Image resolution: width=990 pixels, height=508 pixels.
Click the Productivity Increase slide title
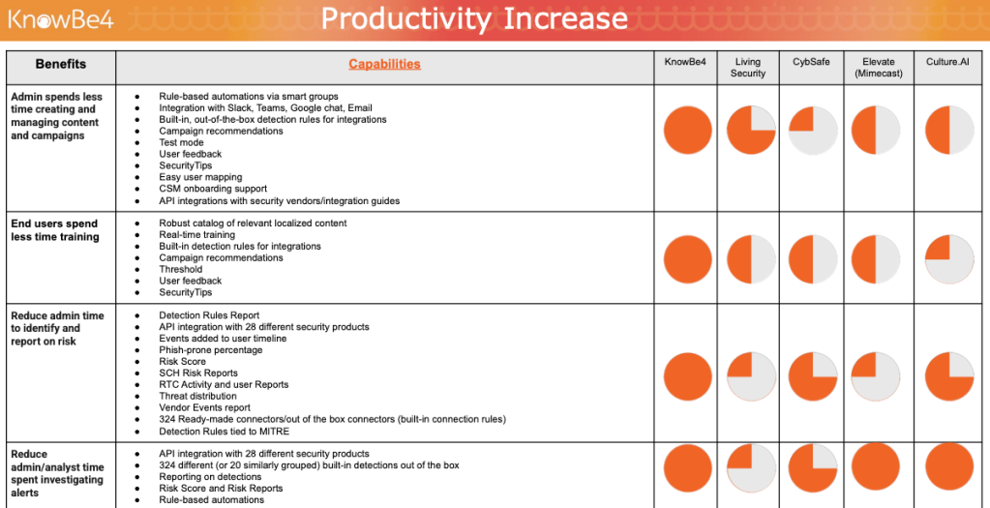pyautogui.click(x=474, y=18)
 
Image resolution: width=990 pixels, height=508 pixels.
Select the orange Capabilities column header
pyautogui.click(x=384, y=65)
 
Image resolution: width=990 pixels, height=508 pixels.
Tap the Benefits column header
pyautogui.click(x=61, y=65)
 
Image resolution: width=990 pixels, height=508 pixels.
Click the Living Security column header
pyautogui.click(x=748, y=68)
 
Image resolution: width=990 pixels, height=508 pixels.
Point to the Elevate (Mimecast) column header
pyautogui.click(x=878, y=68)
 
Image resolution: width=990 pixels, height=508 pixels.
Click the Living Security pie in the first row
pyautogui.click(x=751, y=131)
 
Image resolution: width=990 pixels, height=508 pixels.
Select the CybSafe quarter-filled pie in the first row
pyautogui.click(x=813, y=131)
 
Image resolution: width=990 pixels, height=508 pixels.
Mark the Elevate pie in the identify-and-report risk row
pyautogui.click(x=878, y=376)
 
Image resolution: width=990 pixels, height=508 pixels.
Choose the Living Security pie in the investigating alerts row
pyautogui.click(x=751, y=468)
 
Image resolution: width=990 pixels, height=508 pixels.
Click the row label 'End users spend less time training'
pyautogui.click(x=55, y=230)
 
